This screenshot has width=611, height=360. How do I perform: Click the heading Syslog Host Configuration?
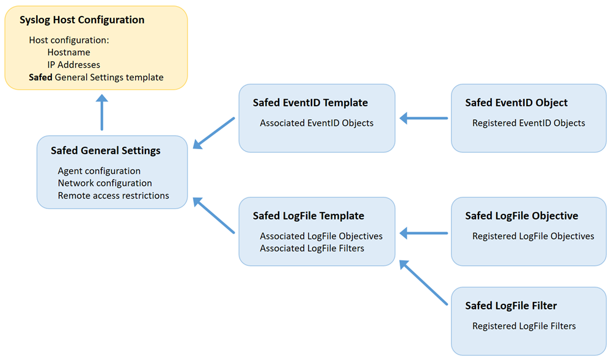[82, 20]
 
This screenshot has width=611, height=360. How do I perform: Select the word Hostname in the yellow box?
[68, 53]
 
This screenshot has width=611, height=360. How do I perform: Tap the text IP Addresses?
[73, 65]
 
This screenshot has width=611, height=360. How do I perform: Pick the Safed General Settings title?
[106, 150]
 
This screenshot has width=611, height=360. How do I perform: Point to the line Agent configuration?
[99, 171]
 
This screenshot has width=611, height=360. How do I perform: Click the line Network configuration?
[104, 183]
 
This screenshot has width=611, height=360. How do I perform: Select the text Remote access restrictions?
[113, 196]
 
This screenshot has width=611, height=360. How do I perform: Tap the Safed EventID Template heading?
[310, 103]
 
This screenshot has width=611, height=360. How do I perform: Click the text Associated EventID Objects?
[316, 123]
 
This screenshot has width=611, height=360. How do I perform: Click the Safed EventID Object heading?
[516, 103]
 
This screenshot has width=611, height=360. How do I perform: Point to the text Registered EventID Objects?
[529, 123]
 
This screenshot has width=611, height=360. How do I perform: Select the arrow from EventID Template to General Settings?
[214, 133]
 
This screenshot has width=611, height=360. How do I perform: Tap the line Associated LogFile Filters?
[312, 248]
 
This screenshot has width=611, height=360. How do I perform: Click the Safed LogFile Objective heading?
[521, 216]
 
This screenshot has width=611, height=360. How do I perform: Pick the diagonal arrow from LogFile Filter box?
[423, 282]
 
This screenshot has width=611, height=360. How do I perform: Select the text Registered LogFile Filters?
[524, 326]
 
